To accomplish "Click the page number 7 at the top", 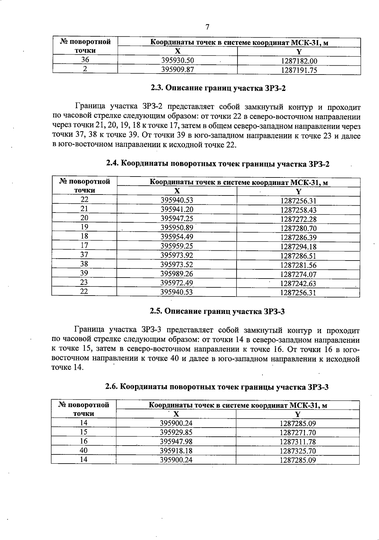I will point(207,27).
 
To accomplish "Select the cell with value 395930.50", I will point(177,61).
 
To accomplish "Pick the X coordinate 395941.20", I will point(177,209).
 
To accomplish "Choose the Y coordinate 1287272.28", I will point(298,219).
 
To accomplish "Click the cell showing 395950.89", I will point(177,228).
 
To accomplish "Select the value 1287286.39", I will point(298,237).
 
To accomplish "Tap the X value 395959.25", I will point(177,246).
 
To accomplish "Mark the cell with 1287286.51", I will point(298,256).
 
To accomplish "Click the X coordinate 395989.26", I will point(177,273).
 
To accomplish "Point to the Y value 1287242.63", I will point(298,283).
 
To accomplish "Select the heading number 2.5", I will point(156,311).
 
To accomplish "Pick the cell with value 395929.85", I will point(176,432).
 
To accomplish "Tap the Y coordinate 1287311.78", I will point(298,442).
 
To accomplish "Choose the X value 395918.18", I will point(176,451).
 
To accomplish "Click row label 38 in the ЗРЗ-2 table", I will point(84,264).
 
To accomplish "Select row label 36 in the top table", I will point(85,60).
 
